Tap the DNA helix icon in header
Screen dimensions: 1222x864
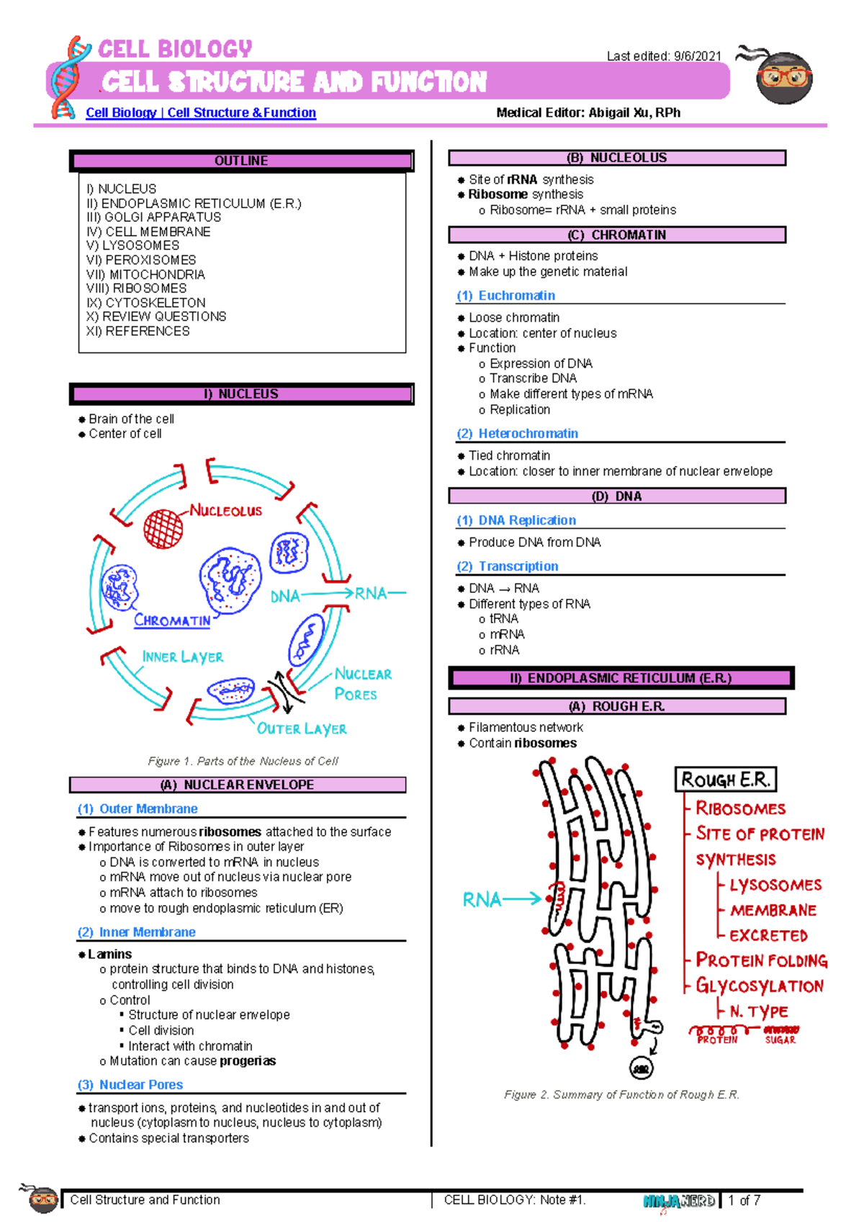tap(69, 78)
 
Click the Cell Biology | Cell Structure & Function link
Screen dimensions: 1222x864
tap(201, 113)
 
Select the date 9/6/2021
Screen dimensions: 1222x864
tap(697, 56)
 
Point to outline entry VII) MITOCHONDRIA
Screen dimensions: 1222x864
tap(145, 275)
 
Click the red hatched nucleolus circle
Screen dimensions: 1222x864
tap(163, 528)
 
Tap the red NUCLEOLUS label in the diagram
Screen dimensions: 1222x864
tap(226, 511)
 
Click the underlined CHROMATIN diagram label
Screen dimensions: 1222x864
tap(172, 620)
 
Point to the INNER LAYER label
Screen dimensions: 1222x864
tap(182, 657)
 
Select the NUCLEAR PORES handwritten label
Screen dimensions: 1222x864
tap(361, 684)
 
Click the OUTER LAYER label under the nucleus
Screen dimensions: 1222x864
tap(302, 728)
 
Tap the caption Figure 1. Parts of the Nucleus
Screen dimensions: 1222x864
tap(243, 761)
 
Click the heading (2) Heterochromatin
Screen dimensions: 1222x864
tap(518, 434)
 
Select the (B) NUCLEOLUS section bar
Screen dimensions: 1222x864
tap(616, 158)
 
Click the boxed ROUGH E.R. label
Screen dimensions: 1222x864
tap(725, 780)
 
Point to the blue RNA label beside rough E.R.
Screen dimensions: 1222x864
tap(482, 899)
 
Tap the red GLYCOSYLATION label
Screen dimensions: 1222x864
tap(759, 986)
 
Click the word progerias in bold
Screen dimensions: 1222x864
tap(248, 1061)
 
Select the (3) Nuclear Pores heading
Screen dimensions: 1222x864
tap(130, 1085)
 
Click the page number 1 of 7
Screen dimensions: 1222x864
tap(744, 1200)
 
